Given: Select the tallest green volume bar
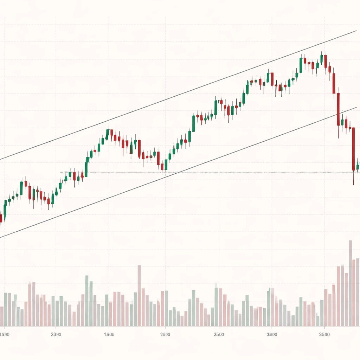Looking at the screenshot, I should coord(87,301).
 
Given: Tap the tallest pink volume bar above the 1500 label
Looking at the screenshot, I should coord(139,295).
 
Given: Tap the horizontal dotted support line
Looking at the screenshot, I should coord(246,172).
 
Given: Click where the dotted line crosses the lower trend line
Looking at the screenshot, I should coord(179,172).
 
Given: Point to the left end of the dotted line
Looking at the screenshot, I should coord(61,172).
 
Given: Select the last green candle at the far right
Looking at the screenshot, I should coord(358,166).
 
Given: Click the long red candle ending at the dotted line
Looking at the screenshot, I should coord(353,149).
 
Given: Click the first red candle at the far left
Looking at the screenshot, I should coord(1,218).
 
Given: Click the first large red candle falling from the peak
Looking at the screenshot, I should coord(334,83).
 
